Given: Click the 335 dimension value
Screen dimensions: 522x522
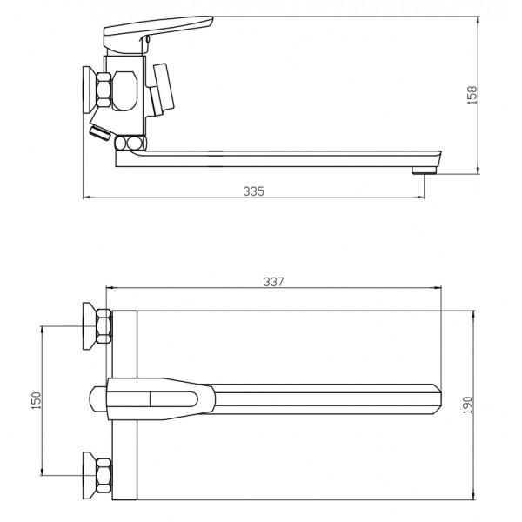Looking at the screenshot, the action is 254,191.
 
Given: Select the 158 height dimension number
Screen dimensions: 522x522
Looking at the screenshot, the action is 472,95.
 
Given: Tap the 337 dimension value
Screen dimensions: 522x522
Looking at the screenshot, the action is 274,282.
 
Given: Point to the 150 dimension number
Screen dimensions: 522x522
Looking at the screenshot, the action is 36,400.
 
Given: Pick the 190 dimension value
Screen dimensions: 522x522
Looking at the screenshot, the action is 468,405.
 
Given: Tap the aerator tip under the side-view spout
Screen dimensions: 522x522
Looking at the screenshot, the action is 424,171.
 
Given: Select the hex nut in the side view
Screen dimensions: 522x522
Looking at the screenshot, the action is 104,90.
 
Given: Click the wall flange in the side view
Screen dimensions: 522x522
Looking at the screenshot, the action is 90,90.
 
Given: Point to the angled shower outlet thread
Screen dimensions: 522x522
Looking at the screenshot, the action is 100,133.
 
